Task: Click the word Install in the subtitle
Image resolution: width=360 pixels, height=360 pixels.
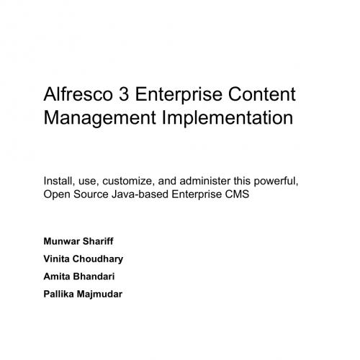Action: point(58,181)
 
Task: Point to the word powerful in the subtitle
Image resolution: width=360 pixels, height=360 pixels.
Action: point(276,181)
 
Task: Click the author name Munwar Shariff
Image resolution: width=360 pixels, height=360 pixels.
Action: point(83,240)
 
